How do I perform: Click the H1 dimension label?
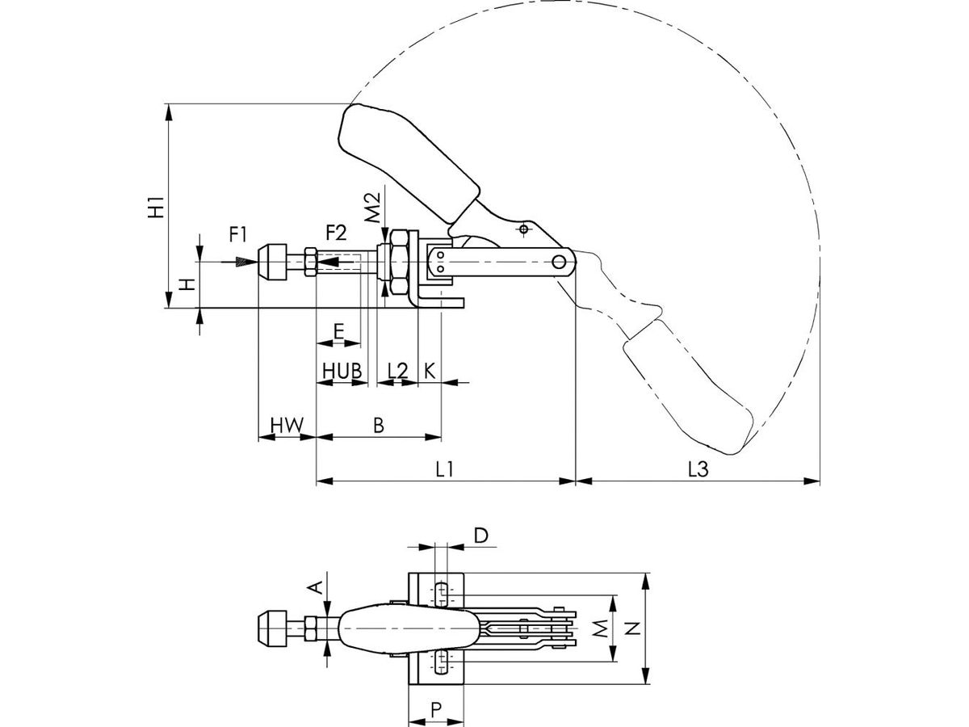157,206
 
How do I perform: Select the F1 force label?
238,234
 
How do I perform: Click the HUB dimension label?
341,370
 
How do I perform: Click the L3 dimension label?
697,469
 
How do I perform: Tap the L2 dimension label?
397,370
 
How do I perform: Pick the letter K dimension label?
430,370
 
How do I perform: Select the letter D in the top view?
480,535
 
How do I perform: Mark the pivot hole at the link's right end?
560,262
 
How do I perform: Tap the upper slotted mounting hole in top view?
441,594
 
